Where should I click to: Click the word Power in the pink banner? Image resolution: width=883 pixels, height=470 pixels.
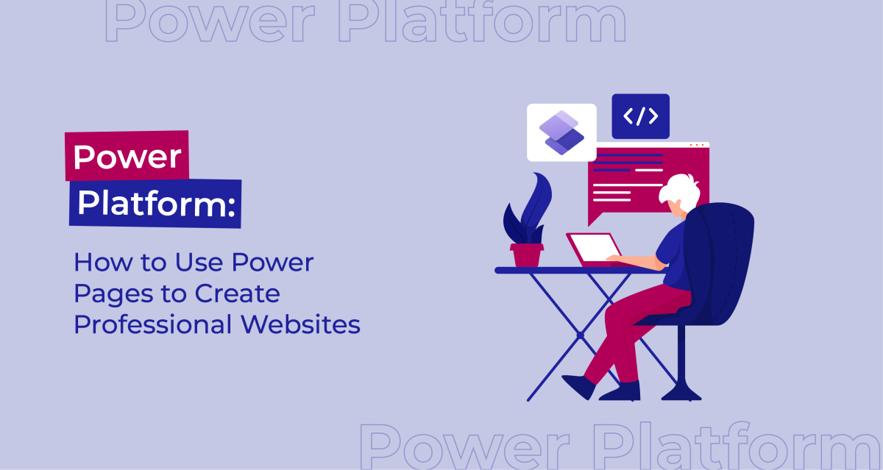(x=127, y=157)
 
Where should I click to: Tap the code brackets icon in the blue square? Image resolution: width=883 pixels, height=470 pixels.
(x=640, y=116)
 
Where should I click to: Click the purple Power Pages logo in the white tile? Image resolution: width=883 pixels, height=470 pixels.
(x=561, y=132)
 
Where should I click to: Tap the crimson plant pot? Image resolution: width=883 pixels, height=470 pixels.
(x=526, y=254)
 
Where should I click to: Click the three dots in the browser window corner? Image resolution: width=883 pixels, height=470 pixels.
(x=701, y=145)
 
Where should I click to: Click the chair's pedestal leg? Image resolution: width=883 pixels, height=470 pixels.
(x=681, y=360)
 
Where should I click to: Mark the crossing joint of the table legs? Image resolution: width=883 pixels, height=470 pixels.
(x=580, y=335)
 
